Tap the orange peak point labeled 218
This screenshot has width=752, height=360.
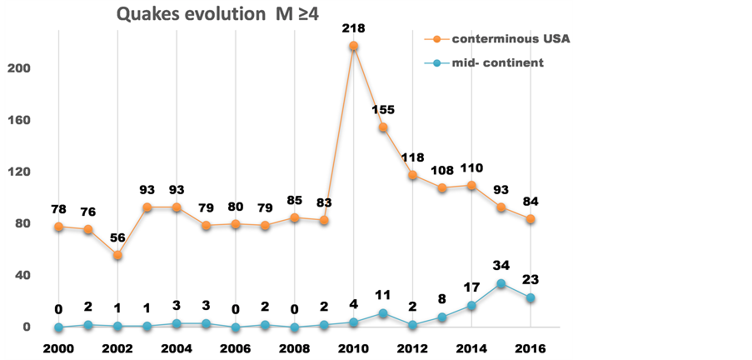tap(354, 46)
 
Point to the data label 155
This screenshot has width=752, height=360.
tap(384, 109)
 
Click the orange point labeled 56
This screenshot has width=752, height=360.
tap(118, 255)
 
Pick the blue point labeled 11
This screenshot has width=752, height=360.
tap(383, 313)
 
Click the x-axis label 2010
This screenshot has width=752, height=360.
tap(355, 347)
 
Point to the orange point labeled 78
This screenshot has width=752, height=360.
tap(59, 227)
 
